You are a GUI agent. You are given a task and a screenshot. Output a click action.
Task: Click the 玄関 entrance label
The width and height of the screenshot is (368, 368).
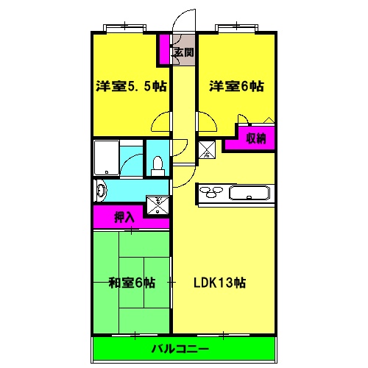[x=183, y=52]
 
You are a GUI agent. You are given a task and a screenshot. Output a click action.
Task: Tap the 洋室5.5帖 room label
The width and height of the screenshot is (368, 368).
[x=130, y=86]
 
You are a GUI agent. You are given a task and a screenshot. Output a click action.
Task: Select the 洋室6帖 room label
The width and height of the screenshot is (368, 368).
[x=236, y=86]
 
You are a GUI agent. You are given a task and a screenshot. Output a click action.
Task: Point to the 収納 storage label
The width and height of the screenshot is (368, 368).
[x=255, y=138]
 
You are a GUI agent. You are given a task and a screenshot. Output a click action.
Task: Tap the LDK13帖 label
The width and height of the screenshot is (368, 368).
[x=219, y=282]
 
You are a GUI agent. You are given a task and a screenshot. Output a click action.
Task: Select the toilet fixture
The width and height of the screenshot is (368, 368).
[x=157, y=166]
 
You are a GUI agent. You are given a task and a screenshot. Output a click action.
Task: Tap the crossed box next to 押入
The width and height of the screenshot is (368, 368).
[x=157, y=204]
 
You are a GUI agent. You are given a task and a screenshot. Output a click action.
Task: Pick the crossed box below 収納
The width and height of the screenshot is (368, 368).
[x=207, y=149]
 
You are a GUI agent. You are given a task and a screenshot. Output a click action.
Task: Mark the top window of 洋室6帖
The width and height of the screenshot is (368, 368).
[x=236, y=29]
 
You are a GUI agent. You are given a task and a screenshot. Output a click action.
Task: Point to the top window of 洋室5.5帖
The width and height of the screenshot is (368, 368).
[x=124, y=29]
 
